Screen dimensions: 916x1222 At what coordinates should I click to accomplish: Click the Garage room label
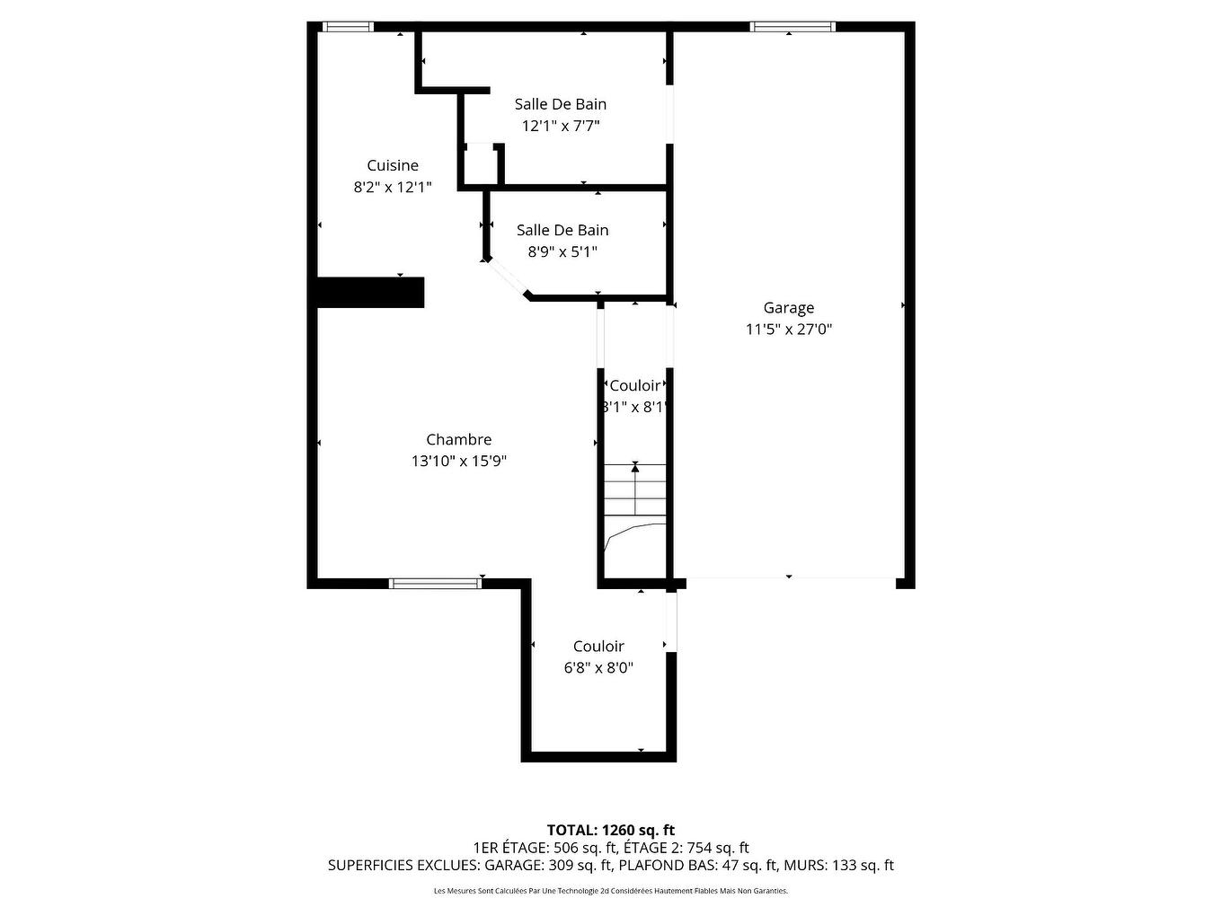(788, 308)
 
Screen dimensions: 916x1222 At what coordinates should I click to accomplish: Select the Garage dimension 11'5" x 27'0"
(788, 330)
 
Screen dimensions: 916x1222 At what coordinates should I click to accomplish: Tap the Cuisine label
(393, 165)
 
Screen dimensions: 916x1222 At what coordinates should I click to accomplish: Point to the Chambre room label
(458, 439)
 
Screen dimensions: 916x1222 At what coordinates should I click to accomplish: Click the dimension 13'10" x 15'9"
(458, 461)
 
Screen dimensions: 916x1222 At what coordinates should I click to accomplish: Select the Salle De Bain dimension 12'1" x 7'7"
(560, 126)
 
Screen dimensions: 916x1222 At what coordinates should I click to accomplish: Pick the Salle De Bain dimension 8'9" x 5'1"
(562, 252)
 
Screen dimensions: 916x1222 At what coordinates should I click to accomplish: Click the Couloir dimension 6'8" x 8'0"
(598, 668)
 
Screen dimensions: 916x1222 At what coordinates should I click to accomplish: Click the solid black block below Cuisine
(370, 293)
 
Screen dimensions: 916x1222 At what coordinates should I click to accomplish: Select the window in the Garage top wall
(793, 27)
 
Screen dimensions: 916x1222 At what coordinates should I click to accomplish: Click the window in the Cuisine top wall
(348, 27)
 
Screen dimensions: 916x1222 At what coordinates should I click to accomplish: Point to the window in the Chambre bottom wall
(435, 584)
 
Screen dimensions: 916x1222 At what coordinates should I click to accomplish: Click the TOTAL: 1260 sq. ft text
(610, 830)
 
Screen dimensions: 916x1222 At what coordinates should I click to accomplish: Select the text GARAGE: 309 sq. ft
(548, 866)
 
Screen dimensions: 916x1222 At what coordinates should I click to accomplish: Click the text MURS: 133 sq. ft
(838, 866)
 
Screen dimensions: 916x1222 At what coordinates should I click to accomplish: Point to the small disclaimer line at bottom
(610, 891)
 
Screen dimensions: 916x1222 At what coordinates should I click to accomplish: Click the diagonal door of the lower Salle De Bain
(505, 277)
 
